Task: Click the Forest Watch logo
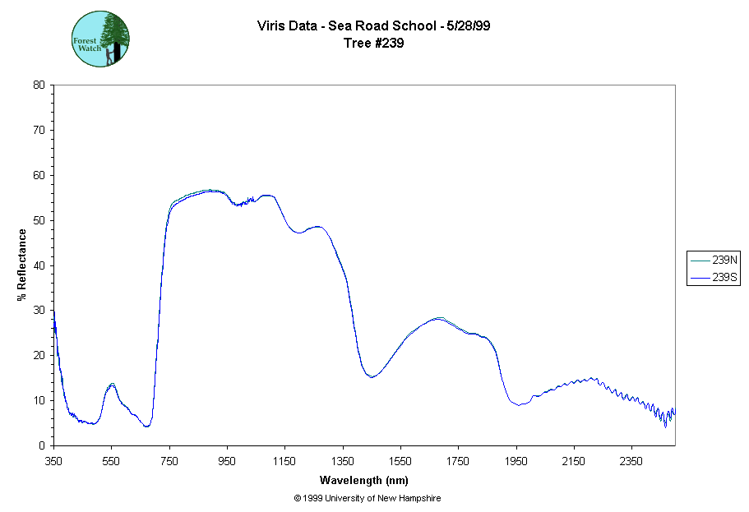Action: coord(101,39)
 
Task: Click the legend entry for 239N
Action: coord(714,261)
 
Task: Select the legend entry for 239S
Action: coord(714,279)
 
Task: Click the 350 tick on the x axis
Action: coord(53,461)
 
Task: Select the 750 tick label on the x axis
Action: coord(169,461)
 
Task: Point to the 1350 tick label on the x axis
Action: coord(343,461)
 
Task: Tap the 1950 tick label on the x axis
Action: coord(516,461)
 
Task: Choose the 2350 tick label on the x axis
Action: coord(631,461)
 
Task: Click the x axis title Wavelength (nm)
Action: coord(364,480)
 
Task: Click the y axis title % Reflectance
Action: coord(22,265)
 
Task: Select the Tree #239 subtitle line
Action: coord(374,44)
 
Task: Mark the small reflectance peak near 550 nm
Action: coord(112,384)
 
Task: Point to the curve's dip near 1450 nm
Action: coord(372,377)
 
